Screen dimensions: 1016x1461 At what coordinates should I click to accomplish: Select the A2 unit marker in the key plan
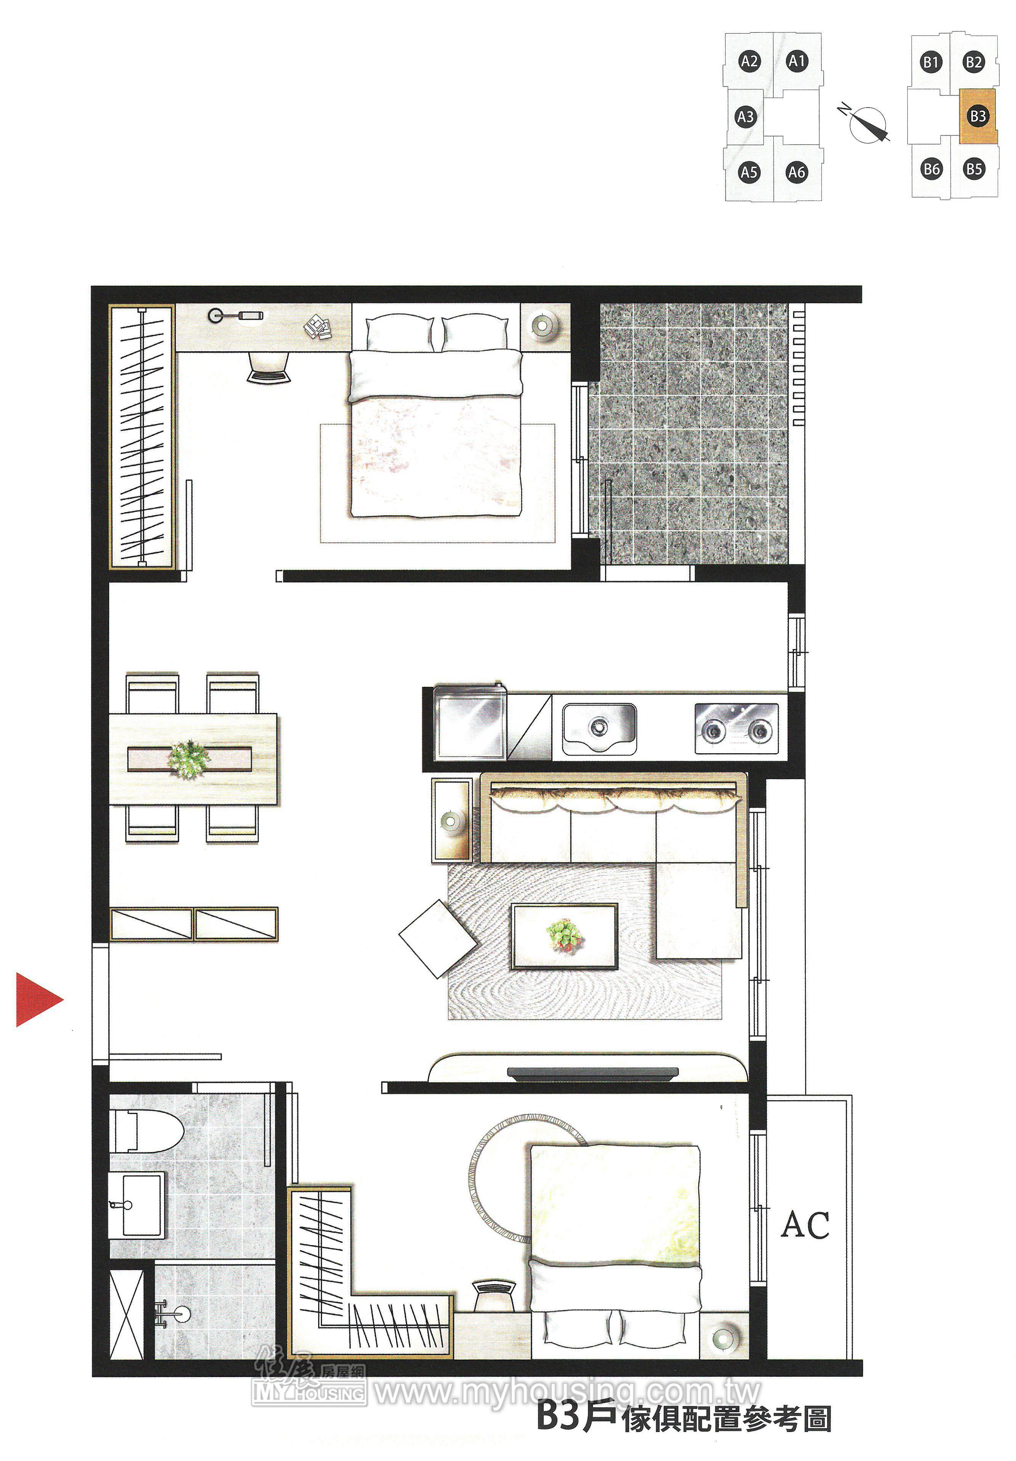[x=749, y=62]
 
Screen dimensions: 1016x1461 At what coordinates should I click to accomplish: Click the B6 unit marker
[x=931, y=169]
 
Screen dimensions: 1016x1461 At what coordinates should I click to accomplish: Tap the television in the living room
[x=592, y=1074]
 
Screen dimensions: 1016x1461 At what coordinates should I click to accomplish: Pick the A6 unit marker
[x=796, y=172]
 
